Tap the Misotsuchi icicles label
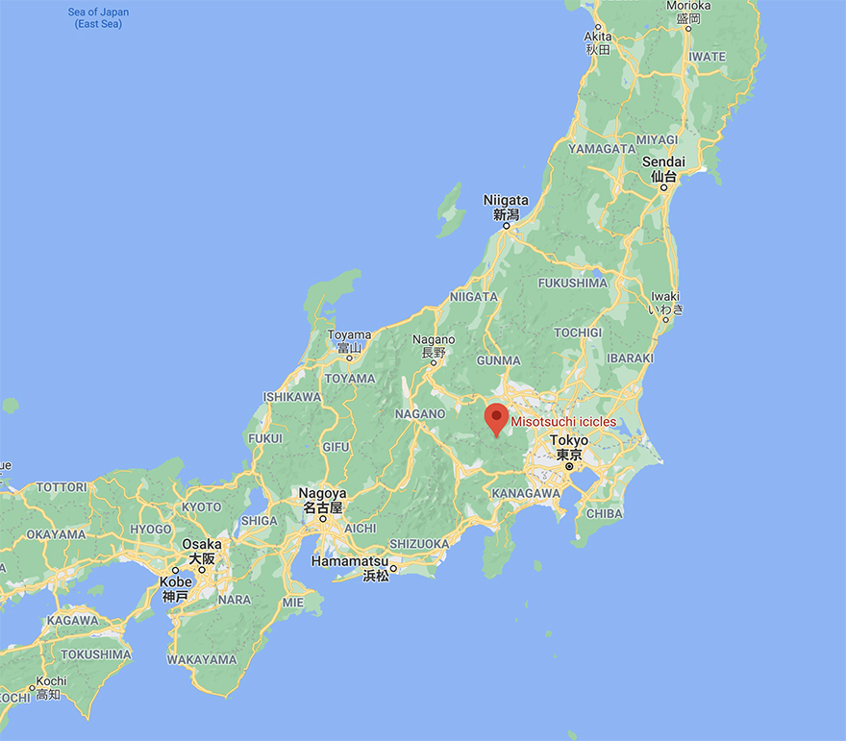563,421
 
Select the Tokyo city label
569,447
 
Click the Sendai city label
663,169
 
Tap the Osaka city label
202,551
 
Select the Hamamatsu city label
362,567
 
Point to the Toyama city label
349,341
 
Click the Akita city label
598,42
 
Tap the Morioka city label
688,11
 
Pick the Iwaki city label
665,303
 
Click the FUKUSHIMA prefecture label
572,284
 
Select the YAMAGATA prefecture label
602,149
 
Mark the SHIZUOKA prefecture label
420,544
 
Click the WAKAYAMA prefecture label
202,660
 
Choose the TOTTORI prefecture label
62,487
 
